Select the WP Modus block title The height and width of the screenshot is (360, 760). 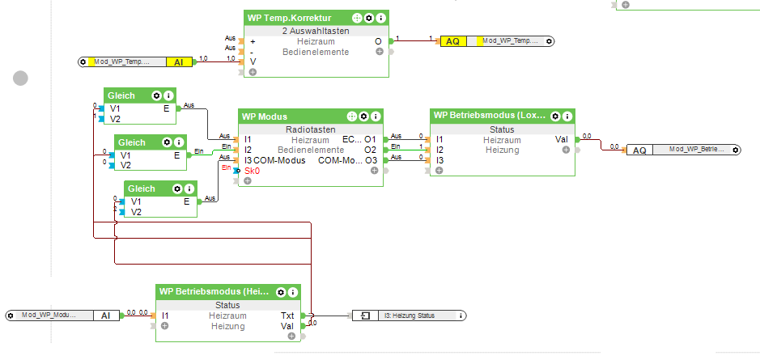click(265, 116)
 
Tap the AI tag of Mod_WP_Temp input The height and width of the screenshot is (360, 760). click(179, 61)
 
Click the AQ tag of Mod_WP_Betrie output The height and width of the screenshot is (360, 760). click(639, 150)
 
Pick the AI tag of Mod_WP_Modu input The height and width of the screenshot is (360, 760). click(105, 315)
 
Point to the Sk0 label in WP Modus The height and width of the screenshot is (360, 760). click(252, 171)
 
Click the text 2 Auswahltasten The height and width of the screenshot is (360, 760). click(316, 30)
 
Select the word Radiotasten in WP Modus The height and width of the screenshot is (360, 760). click(309, 129)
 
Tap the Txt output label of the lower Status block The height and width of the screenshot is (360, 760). click(287, 316)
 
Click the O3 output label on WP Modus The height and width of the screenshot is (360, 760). click(371, 160)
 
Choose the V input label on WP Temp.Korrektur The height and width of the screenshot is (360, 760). click(253, 61)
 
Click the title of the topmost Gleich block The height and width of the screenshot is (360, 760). click(121, 95)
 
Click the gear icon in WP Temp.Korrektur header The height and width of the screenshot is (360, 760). click(369, 17)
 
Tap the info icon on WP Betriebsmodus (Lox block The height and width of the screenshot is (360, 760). click(567, 116)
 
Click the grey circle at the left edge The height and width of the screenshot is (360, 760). click(20, 78)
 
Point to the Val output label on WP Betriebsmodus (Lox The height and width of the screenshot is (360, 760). click(561, 139)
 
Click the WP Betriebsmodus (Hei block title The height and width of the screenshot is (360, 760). click(214, 291)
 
